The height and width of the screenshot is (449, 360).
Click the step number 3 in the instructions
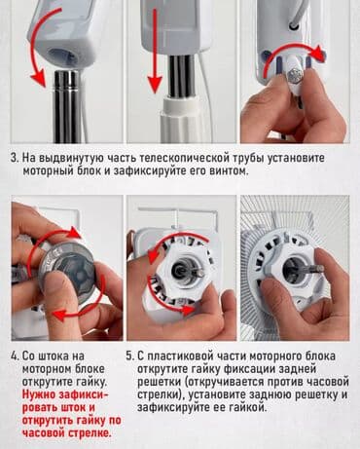click(x=15, y=158)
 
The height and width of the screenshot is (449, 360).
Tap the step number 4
click(x=15, y=356)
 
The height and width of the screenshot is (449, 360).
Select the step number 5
click(x=131, y=356)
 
